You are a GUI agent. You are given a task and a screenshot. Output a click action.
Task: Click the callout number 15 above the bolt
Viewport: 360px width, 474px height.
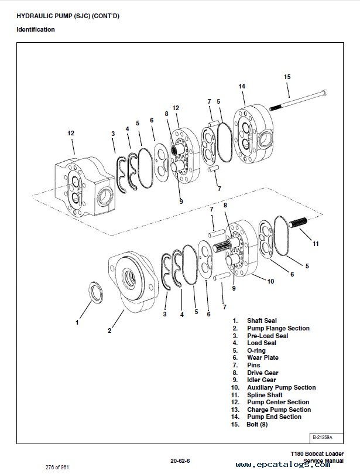287,77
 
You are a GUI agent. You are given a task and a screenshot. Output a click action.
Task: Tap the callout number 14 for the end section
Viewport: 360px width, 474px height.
242,86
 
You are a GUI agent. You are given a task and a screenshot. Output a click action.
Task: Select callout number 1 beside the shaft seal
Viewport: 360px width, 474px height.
76,321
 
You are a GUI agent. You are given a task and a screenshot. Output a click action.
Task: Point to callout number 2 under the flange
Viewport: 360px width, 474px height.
109,330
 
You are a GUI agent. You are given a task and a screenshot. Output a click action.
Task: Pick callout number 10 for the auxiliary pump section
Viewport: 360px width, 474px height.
270,281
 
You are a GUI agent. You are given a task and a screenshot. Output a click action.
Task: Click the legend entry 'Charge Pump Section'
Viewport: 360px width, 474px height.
278,410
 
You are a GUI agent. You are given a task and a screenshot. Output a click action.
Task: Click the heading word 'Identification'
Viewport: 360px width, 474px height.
36,29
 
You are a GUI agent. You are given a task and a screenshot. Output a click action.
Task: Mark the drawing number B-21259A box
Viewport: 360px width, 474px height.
321,438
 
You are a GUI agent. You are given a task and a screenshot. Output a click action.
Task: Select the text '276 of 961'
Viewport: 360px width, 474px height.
57,466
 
